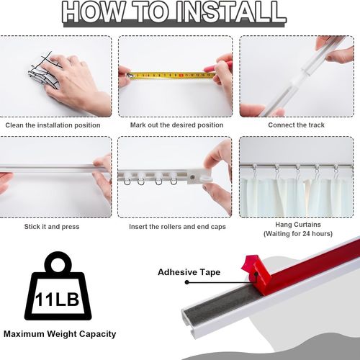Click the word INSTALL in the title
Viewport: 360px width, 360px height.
click(x=230, y=12)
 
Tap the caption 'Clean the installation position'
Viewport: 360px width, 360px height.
click(x=53, y=125)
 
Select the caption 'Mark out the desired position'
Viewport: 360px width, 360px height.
click(x=176, y=125)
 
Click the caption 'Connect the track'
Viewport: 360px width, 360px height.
click(x=296, y=125)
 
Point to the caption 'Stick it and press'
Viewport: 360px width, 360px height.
click(x=52, y=227)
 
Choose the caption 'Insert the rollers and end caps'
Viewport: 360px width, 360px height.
click(x=177, y=227)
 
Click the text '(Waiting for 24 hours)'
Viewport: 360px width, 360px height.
click(x=298, y=234)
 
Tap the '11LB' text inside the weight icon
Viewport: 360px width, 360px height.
click(x=57, y=300)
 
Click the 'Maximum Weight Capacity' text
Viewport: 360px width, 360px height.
click(x=60, y=334)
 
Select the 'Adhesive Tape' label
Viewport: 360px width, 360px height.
click(x=189, y=272)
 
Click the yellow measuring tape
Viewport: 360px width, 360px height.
click(x=171, y=76)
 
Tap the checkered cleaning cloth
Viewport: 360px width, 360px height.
click(x=45, y=71)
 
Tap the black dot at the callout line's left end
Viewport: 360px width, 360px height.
click(x=187, y=282)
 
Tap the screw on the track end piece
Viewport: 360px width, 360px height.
click(x=192, y=178)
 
